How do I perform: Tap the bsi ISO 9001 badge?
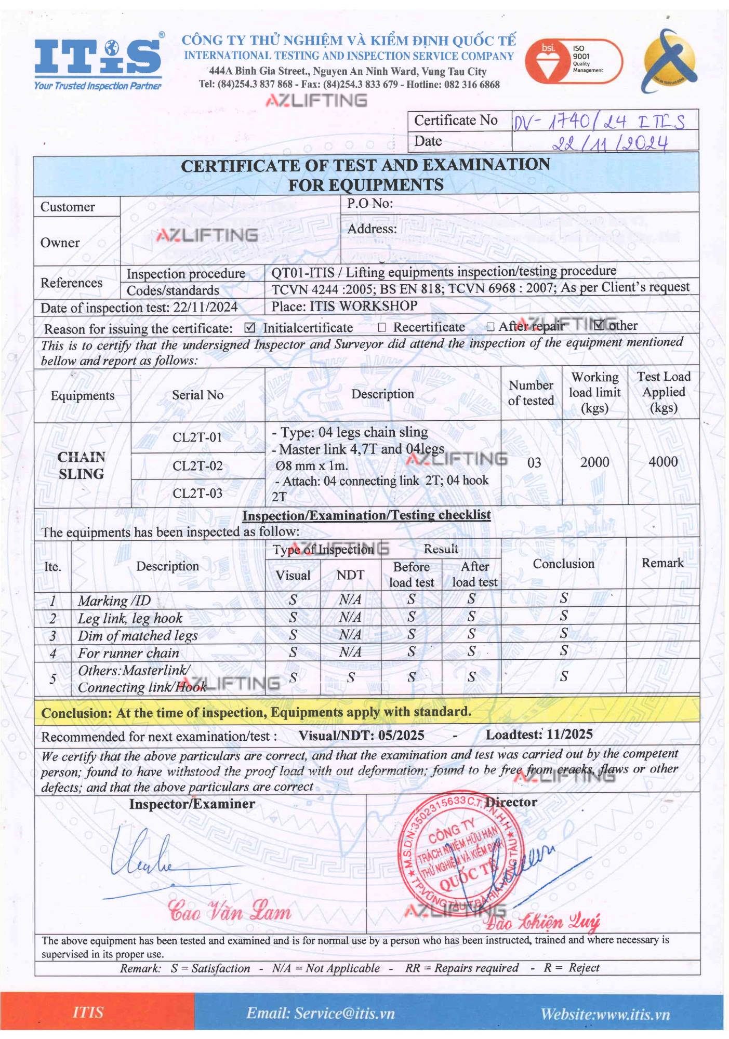[573, 61]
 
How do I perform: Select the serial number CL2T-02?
[197, 466]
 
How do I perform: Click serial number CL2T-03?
[197, 493]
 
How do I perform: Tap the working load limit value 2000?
[594, 462]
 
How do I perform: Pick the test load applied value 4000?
[663, 462]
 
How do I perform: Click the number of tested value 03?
[534, 463]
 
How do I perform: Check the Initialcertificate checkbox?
[250, 328]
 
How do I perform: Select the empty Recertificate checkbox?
[382, 327]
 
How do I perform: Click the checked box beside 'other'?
[599, 326]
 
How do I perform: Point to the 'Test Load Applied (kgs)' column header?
[664, 392]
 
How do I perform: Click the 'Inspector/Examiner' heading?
[192, 804]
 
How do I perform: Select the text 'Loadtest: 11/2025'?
[539, 734]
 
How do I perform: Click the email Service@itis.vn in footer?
[321, 1014]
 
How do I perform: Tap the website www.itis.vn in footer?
[605, 1014]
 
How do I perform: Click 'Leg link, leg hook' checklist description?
[130, 618]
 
